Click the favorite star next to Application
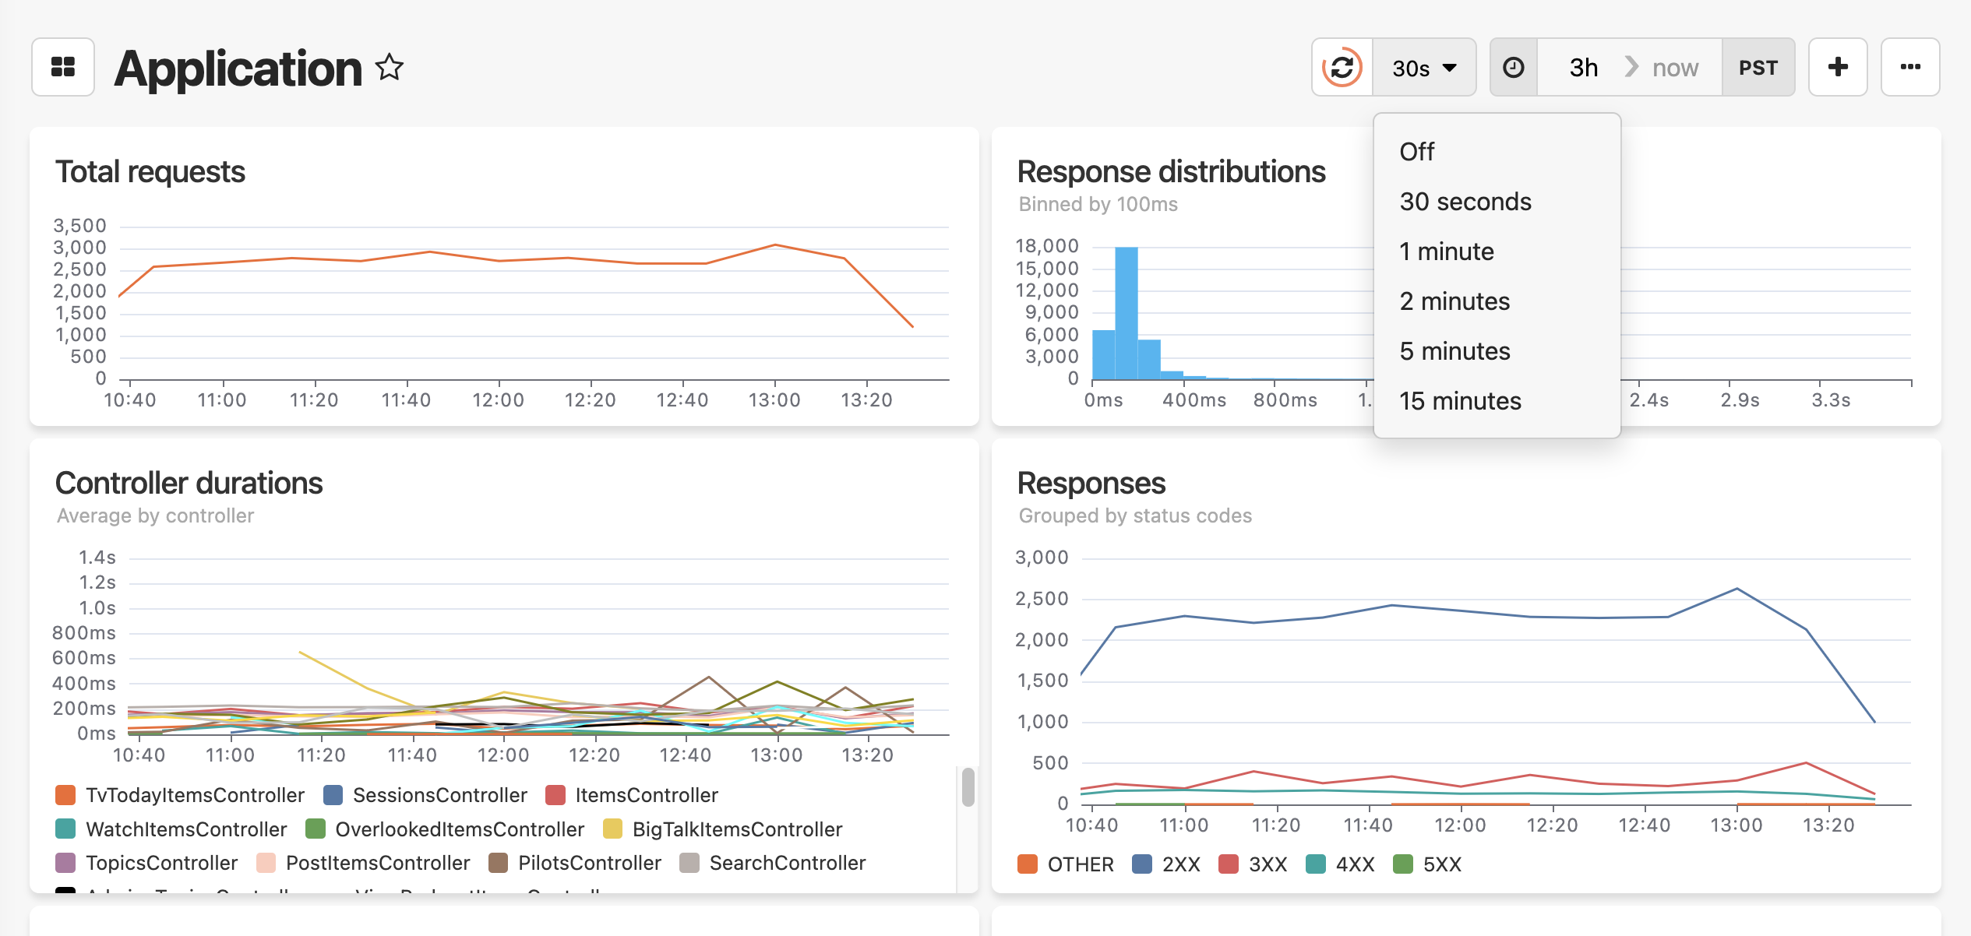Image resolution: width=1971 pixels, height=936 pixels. tap(390, 68)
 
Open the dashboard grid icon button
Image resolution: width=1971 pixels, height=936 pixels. tap(63, 68)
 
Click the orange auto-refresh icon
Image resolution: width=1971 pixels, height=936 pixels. tap(1342, 68)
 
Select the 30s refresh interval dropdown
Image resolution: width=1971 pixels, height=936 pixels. tap(1424, 68)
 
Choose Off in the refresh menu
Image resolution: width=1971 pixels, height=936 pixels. tap(1416, 152)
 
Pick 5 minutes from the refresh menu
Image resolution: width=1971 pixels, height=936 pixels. tap(1454, 351)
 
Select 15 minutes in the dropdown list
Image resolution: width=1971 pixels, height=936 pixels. tap(1460, 401)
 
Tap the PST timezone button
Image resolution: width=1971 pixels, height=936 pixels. tap(1758, 68)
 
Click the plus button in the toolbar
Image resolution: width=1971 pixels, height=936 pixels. tap(1838, 68)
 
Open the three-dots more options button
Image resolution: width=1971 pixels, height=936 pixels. tap(1910, 68)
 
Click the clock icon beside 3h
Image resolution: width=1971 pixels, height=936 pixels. tap(1514, 68)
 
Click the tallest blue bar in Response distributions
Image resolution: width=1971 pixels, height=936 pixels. tap(1127, 311)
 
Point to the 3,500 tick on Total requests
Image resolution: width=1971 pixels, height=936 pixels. tap(79, 226)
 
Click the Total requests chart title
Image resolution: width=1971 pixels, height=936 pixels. tap(150, 172)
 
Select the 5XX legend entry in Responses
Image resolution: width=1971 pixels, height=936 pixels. tap(1427, 864)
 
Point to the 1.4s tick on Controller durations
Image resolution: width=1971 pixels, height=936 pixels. tap(97, 558)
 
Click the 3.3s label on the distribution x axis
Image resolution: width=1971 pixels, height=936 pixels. tap(1830, 400)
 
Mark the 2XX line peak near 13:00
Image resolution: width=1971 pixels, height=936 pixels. tap(1737, 589)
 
